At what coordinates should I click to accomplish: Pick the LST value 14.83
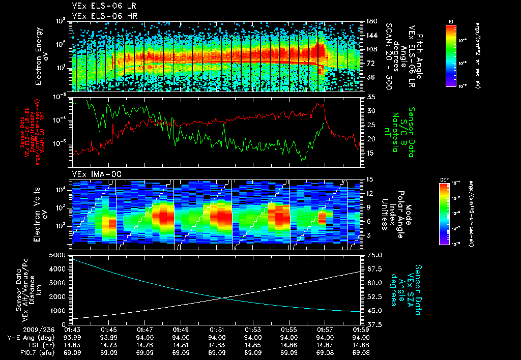coord(217,345)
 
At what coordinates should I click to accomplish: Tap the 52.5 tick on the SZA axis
coord(374,296)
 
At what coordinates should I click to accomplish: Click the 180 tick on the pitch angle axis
coord(371,21)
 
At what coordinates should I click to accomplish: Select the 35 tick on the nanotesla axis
coord(370,97)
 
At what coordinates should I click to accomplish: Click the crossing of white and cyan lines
coord(222,298)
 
